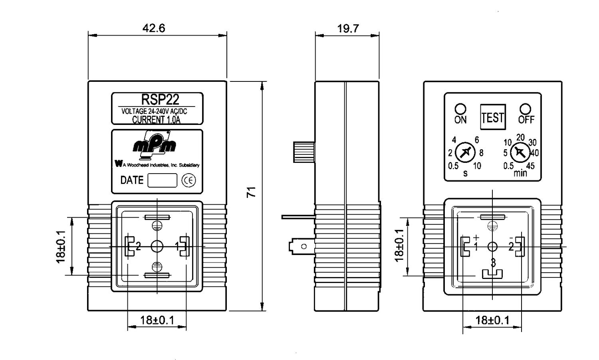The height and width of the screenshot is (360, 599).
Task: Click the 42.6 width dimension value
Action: tap(153, 28)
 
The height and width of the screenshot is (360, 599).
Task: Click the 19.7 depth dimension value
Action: tap(348, 28)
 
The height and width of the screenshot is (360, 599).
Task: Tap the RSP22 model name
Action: tap(160, 99)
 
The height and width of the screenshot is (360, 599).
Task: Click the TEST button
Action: tap(493, 117)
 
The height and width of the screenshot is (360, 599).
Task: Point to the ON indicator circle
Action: tap(460, 109)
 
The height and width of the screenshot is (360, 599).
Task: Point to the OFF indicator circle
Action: tap(526, 109)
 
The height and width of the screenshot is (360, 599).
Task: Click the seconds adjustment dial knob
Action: tap(465, 152)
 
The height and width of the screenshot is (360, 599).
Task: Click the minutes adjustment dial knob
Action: tap(520, 152)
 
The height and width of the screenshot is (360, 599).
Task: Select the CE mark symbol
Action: tap(188, 180)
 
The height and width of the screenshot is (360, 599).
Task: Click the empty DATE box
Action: tap(162, 180)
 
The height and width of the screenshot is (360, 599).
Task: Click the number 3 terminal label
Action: tap(493, 263)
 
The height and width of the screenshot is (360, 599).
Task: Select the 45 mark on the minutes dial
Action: tap(530, 166)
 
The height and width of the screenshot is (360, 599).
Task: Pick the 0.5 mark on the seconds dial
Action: tap(453, 166)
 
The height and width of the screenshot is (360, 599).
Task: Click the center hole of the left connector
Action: tap(157, 246)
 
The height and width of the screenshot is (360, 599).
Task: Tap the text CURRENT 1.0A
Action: tap(156, 120)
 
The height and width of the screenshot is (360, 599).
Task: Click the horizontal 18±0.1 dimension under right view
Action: tap(492, 320)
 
